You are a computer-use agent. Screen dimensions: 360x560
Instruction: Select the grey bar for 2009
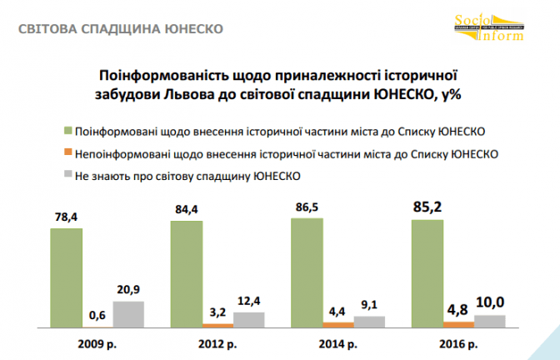click(128, 314)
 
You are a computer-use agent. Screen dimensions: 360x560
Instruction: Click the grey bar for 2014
click(368, 321)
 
